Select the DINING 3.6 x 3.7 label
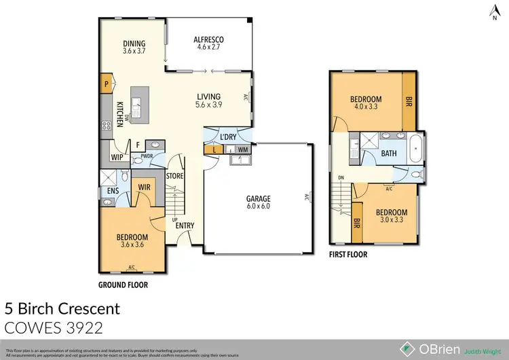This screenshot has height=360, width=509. [x=135, y=46]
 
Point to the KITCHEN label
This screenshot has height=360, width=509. [x=119, y=113]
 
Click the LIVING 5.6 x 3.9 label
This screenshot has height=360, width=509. [x=209, y=101]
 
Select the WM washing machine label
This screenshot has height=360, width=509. [x=242, y=149]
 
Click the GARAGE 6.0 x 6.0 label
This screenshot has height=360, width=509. [x=258, y=202]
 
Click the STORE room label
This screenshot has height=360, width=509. [x=175, y=175]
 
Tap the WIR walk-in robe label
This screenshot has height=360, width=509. [x=144, y=186]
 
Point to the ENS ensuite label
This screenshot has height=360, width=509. [x=113, y=192]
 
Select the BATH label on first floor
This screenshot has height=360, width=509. [x=389, y=154]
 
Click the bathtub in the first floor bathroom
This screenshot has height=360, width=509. [x=417, y=148]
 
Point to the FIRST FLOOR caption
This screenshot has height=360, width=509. [x=348, y=255]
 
